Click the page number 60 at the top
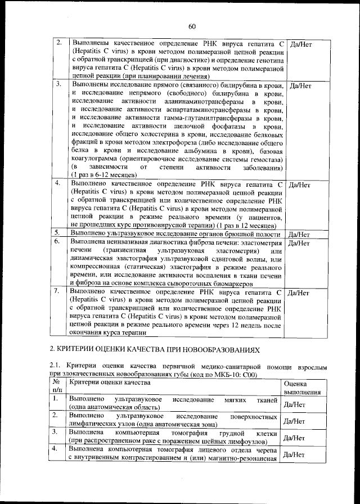click(192, 26)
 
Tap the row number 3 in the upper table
click(58, 84)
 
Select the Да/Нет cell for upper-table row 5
click(299, 234)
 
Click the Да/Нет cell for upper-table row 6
click(299, 243)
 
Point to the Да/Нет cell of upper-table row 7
click(299, 293)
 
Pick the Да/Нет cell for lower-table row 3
click(296, 437)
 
